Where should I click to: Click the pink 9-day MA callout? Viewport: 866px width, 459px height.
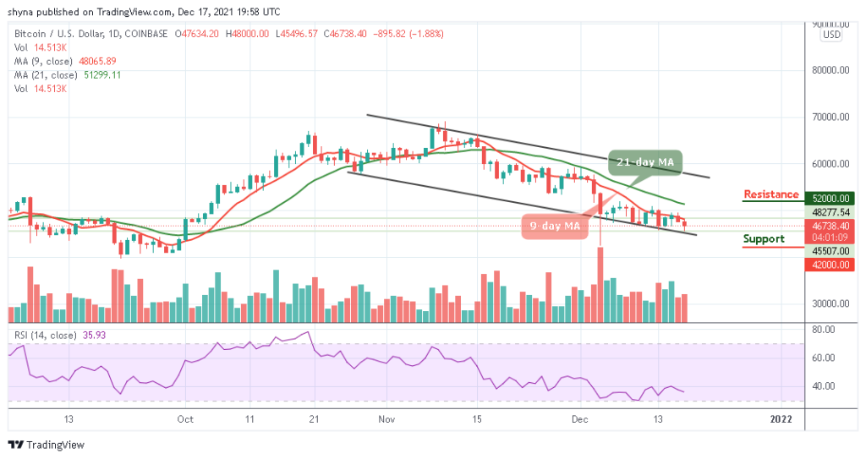[554, 226]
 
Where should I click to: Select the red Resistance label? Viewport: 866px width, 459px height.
[770, 194]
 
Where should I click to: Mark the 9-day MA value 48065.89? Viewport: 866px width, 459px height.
[98, 62]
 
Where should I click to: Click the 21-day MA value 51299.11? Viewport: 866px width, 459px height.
[101, 75]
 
